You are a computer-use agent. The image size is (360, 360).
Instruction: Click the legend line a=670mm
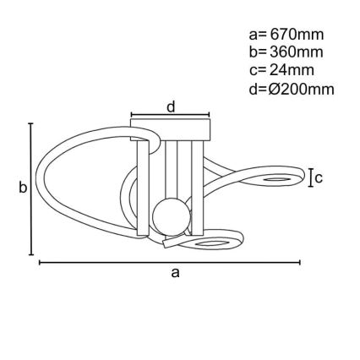[x=286, y=35]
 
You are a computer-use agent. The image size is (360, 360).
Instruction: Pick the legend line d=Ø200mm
[x=292, y=88]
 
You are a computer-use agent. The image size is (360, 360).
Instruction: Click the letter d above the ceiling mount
[x=170, y=106]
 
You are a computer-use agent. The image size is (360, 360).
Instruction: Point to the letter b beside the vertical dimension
[x=23, y=188]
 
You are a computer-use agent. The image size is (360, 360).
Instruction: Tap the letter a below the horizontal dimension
[x=175, y=272]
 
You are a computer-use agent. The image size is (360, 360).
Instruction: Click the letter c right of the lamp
[x=319, y=177]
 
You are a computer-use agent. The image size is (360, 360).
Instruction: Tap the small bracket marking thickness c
[x=310, y=177]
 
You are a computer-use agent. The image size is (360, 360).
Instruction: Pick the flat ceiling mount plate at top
[x=170, y=130]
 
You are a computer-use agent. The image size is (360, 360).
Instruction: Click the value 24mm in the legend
[x=291, y=70]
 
